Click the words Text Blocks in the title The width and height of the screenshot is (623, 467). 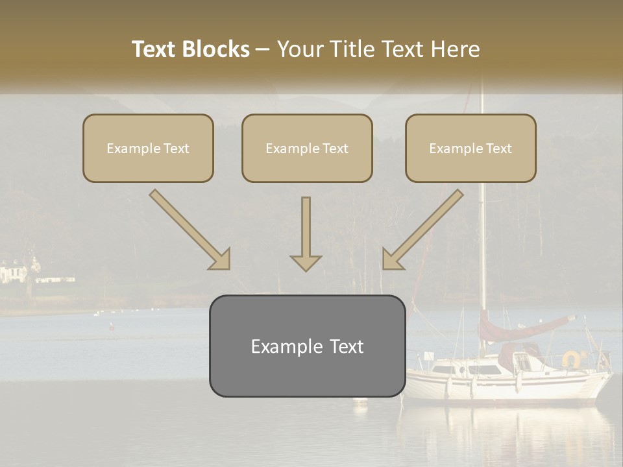[x=190, y=49]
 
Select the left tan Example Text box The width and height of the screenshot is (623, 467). [x=148, y=149]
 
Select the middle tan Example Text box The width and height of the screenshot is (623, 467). [x=307, y=149]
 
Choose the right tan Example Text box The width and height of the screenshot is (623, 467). [x=470, y=149]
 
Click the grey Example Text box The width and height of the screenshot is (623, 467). [x=307, y=346]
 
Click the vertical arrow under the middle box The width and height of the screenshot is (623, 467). [x=306, y=234]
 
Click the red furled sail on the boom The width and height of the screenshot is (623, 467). [x=526, y=328]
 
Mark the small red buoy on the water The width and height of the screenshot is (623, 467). [x=111, y=328]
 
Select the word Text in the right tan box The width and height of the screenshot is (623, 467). [x=498, y=149]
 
